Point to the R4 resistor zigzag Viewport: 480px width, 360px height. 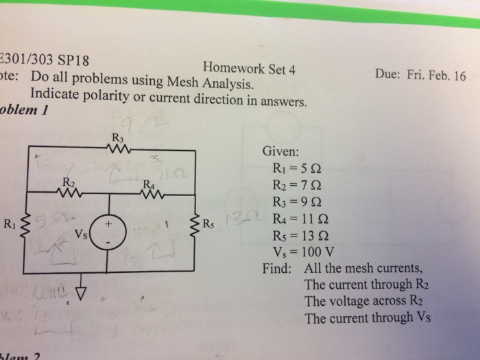[151, 193]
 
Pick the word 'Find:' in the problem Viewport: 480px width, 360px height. [278, 268]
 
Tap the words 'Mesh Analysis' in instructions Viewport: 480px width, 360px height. [213, 86]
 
